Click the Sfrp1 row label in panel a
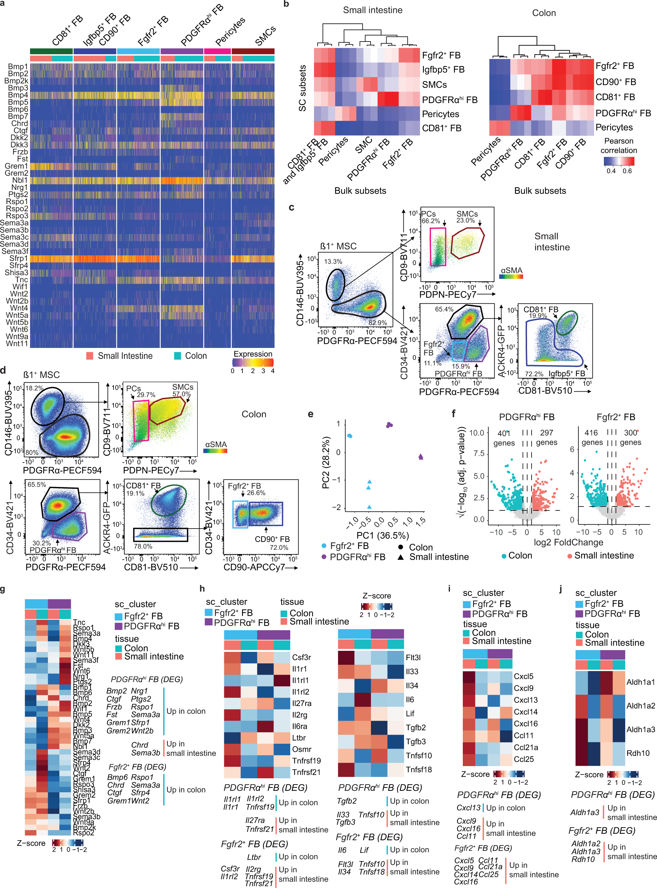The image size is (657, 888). [19, 259]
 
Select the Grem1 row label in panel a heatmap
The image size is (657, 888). [16, 166]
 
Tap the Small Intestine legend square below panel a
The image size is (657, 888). [90, 356]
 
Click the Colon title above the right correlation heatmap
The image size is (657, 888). [543, 13]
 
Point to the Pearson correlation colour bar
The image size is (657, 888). [619, 161]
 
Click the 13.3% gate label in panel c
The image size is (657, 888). [333, 262]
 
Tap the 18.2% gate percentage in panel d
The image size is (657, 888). [34, 388]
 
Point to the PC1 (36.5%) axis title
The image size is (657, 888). [382, 535]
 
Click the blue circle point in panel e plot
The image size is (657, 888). [350, 436]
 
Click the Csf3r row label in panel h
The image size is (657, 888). [301, 657]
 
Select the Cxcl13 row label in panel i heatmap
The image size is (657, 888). [525, 700]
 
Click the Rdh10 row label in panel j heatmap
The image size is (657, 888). [638, 753]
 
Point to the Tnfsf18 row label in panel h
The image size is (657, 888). [419, 770]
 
